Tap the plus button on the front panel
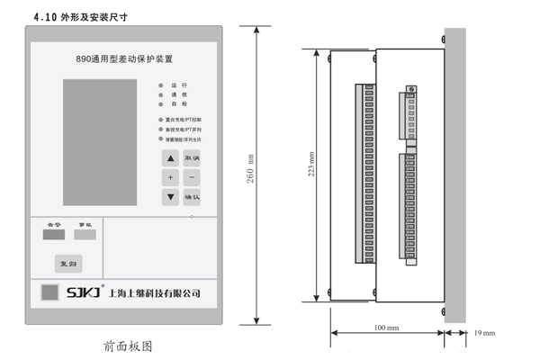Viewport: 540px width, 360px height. coord(170,177)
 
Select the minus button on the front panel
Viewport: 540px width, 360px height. coord(191,177)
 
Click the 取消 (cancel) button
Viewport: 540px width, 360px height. coord(191,158)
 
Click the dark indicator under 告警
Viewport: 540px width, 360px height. coord(53,236)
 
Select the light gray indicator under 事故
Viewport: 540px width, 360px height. coord(84,236)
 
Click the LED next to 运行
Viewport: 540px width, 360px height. coord(162,85)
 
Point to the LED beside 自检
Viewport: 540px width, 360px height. coord(162,103)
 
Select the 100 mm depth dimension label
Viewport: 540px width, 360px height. coord(386,328)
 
